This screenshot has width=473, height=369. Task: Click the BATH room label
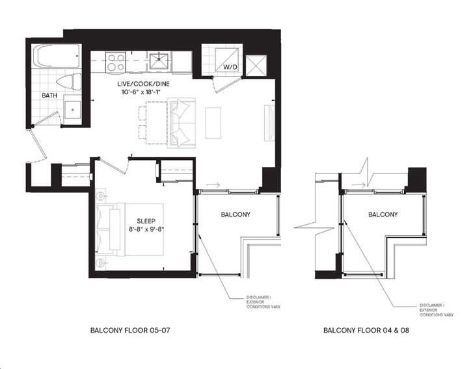(x=49, y=95)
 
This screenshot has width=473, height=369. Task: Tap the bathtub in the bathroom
(x=57, y=57)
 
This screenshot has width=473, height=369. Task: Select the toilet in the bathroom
(x=69, y=81)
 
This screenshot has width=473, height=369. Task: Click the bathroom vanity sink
(x=73, y=110)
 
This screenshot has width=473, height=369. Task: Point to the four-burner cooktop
(x=116, y=62)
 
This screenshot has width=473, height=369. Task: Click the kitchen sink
(x=159, y=61)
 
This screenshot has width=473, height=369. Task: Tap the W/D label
(x=230, y=67)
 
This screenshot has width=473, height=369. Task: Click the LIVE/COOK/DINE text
(x=143, y=84)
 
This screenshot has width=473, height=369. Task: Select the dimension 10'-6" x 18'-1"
(x=143, y=92)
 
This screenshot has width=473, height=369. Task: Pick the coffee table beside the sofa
(x=213, y=123)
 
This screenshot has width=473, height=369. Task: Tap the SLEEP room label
(x=146, y=221)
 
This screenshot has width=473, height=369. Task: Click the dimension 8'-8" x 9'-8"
(x=146, y=229)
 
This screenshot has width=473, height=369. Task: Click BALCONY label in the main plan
(x=236, y=214)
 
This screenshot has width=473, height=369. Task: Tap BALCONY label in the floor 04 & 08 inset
(x=383, y=214)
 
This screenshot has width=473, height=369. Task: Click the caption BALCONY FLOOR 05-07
(x=130, y=330)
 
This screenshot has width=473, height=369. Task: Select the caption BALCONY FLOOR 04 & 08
(x=366, y=330)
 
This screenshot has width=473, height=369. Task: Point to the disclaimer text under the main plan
(x=264, y=302)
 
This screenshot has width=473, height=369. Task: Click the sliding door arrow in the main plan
(x=213, y=184)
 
